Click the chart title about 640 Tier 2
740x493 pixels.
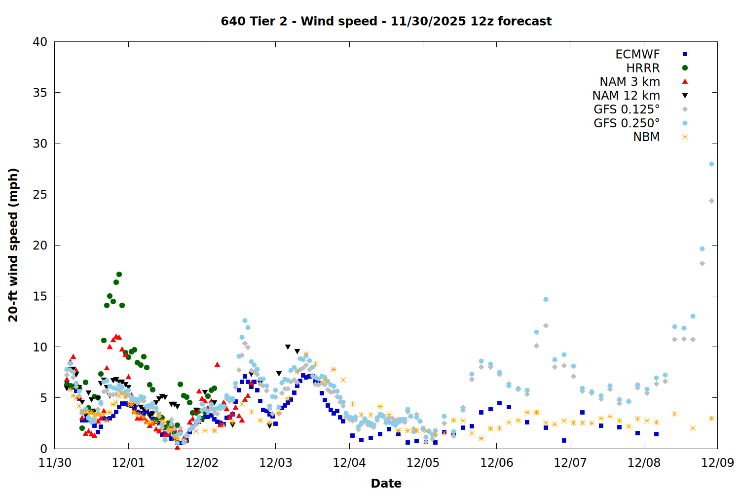pyautogui.click(x=386, y=21)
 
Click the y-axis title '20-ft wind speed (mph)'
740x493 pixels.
pyautogui.click(x=13, y=245)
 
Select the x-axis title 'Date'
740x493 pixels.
pyautogui.click(x=386, y=483)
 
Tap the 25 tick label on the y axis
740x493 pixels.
pyautogui.click(x=40, y=194)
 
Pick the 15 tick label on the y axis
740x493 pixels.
pyautogui.click(x=40, y=296)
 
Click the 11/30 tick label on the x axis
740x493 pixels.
pyautogui.click(x=55, y=463)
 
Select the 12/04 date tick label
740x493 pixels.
pyautogui.click(x=349, y=463)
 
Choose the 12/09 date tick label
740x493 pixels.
pyautogui.click(x=717, y=463)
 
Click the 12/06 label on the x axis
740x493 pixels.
pyautogui.click(x=496, y=463)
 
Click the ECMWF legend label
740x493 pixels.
pyautogui.click(x=637, y=54)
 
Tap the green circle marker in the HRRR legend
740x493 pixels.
pyautogui.click(x=685, y=68)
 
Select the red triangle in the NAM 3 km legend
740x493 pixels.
pyautogui.click(x=685, y=81)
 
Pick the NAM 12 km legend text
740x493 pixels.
pyautogui.click(x=626, y=96)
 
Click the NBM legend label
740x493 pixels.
pyautogui.click(x=646, y=137)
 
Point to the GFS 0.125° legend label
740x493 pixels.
pyautogui.click(x=627, y=109)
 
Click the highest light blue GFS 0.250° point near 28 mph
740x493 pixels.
pyautogui.click(x=711, y=164)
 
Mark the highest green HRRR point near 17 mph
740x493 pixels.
pyautogui.click(x=119, y=274)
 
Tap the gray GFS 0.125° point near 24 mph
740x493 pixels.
pyautogui.click(x=711, y=201)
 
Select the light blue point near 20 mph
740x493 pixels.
pyautogui.click(x=702, y=248)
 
